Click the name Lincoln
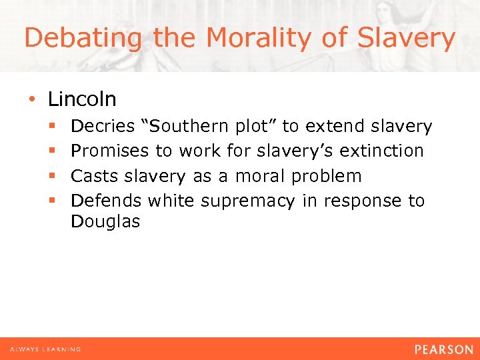click(82, 99)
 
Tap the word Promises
click(109, 151)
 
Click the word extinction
click(381, 151)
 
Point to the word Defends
click(106, 201)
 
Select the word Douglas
click(105, 222)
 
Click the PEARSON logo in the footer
click(443, 349)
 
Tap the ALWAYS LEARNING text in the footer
click(45, 349)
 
